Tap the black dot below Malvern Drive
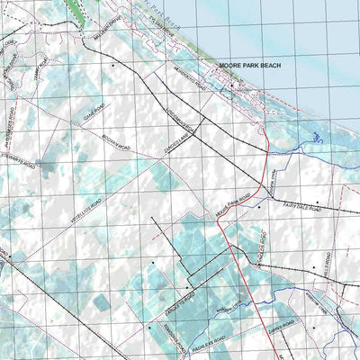click(x=113, y=66)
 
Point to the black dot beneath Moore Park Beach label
click(x=231, y=86)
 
